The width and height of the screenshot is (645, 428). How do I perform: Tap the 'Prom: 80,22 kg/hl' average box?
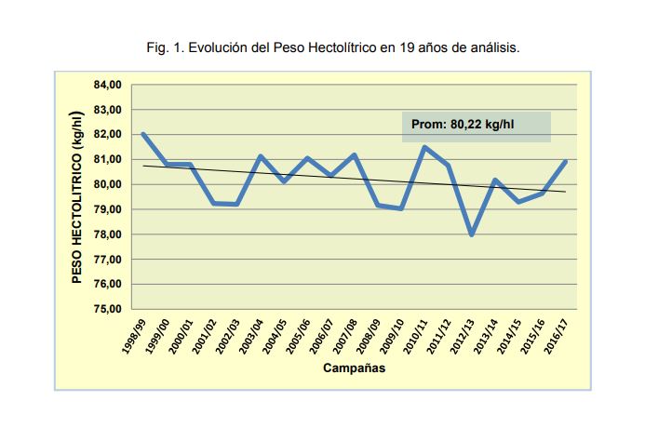477,126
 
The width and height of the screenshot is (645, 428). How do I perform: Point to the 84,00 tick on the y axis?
109,85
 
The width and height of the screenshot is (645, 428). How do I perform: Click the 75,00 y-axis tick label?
109,309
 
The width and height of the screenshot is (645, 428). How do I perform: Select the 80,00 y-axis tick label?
109,184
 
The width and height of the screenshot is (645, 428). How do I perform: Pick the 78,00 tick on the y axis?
109,234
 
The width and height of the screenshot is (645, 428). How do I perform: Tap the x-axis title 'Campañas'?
355,368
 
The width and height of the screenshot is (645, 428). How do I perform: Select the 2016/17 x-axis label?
555,335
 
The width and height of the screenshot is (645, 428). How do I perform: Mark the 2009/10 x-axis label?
391,335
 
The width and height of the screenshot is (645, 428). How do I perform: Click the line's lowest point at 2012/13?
472,234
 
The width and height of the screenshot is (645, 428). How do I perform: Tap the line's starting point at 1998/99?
143,134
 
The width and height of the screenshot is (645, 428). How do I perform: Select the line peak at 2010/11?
424,147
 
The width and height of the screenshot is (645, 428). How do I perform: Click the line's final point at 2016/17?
566,162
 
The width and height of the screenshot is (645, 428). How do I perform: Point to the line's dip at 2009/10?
401,208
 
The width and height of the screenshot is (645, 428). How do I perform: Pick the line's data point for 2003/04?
261,156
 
